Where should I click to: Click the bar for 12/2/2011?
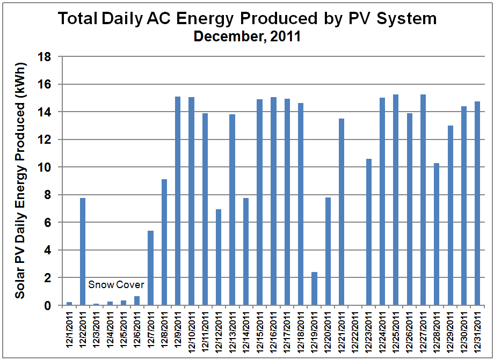coord(83,252)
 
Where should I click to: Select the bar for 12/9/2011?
coord(178,201)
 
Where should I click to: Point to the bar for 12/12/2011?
coord(219,258)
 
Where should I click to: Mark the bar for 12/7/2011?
coord(151,268)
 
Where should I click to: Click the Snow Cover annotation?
coord(117,284)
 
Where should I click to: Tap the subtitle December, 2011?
coord(247,37)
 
